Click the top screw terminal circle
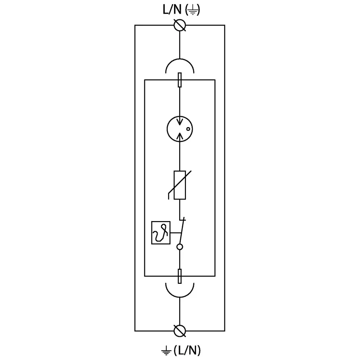click(x=180, y=25)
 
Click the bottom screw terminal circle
click(x=180, y=331)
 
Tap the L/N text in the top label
click(x=172, y=10)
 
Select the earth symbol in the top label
click(x=192, y=11)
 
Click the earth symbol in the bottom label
click(x=166, y=351)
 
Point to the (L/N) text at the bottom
click(x=187, y=350)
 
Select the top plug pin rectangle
click(x=180, y=80)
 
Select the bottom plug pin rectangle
click(x=180, y=276)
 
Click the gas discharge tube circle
click(x=167, y=129)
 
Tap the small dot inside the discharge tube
click(x=188, y=129)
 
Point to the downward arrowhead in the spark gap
click(x=180, y=122)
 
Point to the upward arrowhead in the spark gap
click(x=180, y=136)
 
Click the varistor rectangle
click(x=180, y=185)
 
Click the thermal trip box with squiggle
click(x=161, y=233)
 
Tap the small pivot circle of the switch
click(x=180, y=247)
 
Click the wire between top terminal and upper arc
click(x=180, y=45)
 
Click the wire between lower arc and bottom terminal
click(x=180, y=311)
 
